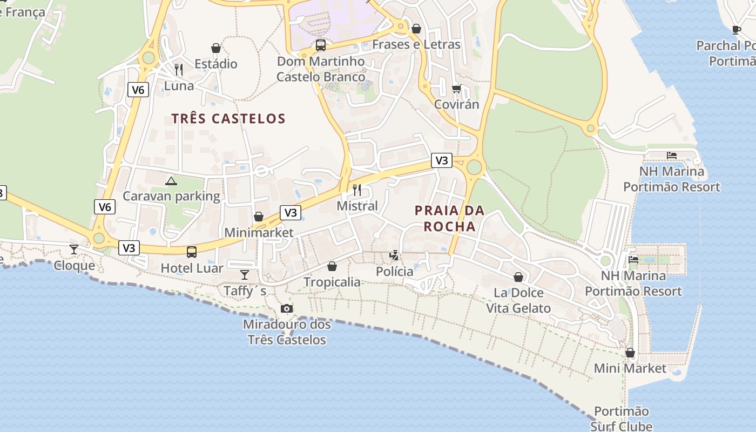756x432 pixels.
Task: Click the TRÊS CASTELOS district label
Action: pos(228,118)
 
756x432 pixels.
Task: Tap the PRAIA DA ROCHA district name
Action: pos(449,218)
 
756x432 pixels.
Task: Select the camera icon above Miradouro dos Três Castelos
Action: pos(287,308)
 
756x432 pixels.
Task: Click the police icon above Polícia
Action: pos(394,255)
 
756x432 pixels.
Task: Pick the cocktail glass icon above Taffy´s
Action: pos(245,275)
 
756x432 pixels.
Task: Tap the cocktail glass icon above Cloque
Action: pos(74,249)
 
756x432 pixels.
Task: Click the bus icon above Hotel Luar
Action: pos(191,252)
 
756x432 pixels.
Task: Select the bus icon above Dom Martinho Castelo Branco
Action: pos(320,45)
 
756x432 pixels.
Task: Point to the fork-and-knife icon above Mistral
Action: pos(356,190)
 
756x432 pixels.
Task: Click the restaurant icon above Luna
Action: pos(179,69)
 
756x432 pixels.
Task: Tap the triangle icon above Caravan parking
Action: pos(171,181)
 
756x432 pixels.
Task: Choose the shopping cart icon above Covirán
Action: pos(457,89)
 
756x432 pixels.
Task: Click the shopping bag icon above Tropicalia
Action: pos(332,266)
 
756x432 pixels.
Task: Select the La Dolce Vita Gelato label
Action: pos(518,300)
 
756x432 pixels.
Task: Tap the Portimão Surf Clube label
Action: pos(621,418)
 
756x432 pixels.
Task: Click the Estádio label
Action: pos(215,64)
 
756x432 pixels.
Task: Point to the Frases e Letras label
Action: pos(416,44)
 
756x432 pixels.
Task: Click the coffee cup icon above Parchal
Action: pos(736,30)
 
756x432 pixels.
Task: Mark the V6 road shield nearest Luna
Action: pos(138,90)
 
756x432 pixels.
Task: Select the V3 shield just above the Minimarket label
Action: pos(290,212)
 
